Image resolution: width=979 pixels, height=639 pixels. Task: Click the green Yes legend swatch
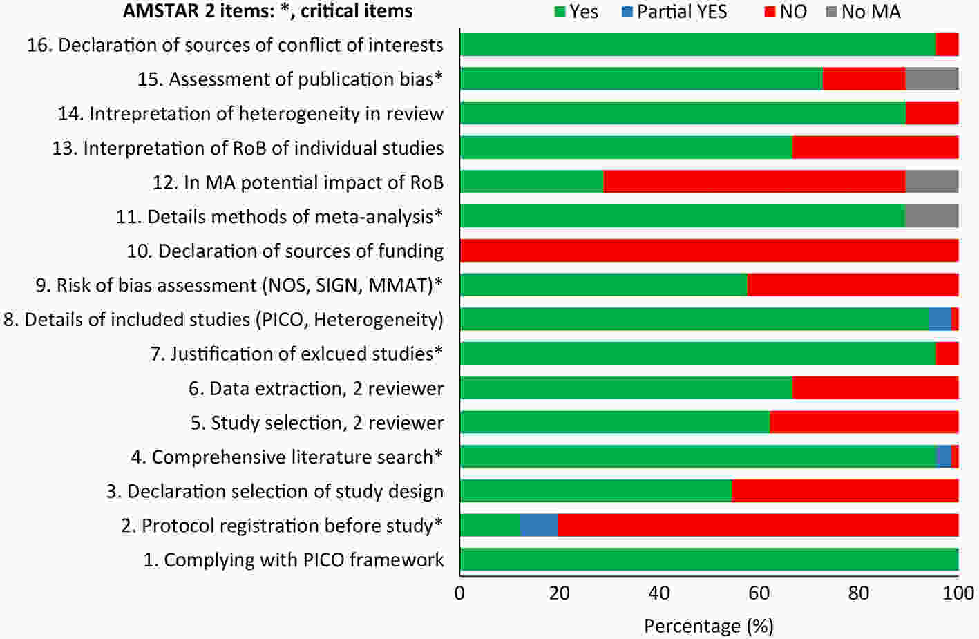560,12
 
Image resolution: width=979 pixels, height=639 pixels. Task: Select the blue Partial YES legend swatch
627,12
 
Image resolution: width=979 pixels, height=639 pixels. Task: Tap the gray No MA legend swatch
832,12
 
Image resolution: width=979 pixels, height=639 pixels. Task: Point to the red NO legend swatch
770,12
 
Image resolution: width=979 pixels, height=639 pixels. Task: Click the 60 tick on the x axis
759,593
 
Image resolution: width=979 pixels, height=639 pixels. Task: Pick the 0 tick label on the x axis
459,593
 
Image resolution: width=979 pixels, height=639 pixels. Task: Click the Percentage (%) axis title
708,626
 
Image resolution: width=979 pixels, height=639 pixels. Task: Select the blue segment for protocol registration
539,526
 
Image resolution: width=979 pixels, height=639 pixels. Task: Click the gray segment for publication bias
931,79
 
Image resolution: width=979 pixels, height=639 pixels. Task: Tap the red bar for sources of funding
709,251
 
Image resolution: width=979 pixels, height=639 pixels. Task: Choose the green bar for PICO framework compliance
709,560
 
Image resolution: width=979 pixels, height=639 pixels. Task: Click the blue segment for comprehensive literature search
944,457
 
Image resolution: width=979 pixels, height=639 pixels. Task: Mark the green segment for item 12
532,182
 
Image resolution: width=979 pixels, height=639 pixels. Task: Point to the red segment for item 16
947,45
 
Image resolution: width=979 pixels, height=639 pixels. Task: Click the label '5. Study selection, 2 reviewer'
317,423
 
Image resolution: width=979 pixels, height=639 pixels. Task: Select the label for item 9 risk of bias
239,285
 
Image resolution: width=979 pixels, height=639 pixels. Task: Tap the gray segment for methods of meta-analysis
931,217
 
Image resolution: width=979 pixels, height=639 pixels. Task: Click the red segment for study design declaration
845,491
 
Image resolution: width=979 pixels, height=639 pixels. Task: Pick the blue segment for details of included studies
940,319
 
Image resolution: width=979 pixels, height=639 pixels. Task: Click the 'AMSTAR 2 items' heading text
267,11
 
